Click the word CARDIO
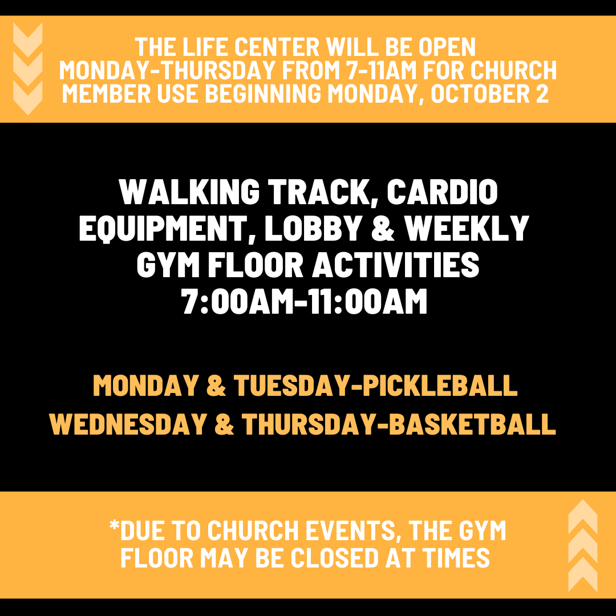coord(442,193)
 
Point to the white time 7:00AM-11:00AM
coord(305,302)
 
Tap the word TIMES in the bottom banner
coord(456,558)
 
